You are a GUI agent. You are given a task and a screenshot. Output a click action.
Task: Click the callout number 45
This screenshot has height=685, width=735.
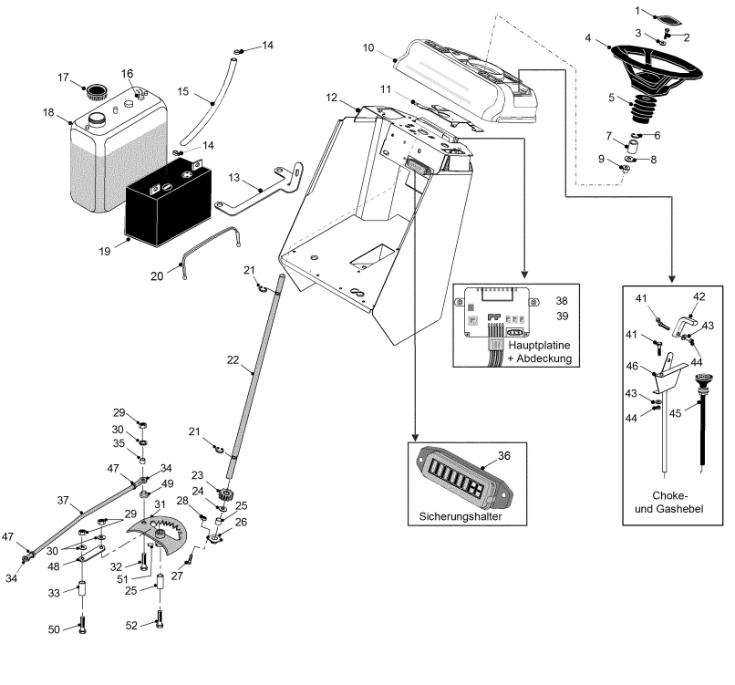[x=675, y=411]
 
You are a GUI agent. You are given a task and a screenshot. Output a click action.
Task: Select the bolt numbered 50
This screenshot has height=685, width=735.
[x=81, y=627]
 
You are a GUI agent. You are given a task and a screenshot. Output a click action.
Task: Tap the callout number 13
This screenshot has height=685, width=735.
[x=234, y=177]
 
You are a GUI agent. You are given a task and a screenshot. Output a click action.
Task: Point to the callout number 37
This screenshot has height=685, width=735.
[x=62, y=499]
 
